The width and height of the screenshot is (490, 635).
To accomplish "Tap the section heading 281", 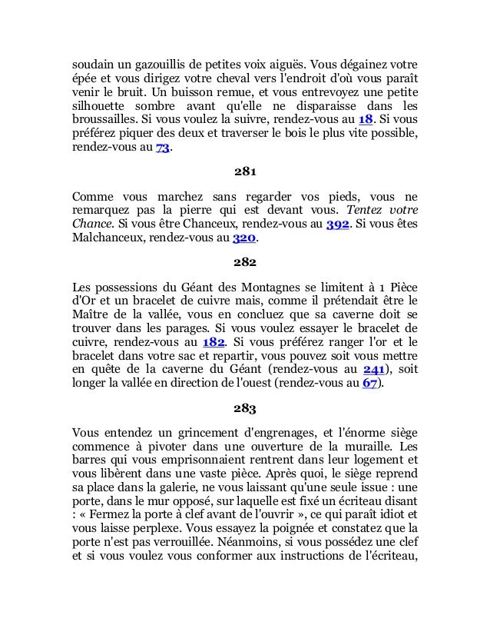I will [245, 171].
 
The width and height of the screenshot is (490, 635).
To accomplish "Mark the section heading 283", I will [245, 405].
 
